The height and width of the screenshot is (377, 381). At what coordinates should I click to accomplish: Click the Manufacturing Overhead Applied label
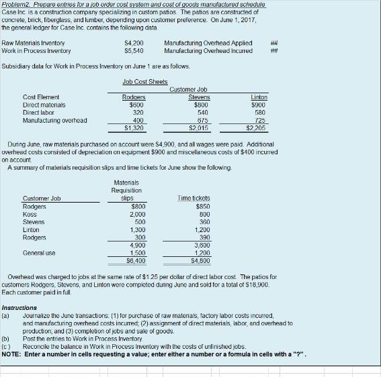[x=208, y=42]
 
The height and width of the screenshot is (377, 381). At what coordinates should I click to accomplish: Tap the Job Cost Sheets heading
[x=145, y=82]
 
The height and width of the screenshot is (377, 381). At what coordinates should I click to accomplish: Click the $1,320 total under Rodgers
[x=134, y=128]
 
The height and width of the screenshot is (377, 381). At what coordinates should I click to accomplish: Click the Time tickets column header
[x=194, y=198]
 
